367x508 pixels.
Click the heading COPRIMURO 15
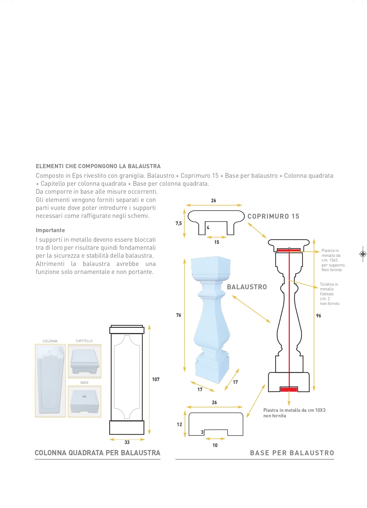coord(273,216)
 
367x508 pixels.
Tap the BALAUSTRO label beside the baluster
coord(247,287)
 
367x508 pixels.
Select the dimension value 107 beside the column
coord(156,379)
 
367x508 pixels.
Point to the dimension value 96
coord(319,316)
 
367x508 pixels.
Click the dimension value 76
coord(179,315)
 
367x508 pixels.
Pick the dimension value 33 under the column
coord(127,442)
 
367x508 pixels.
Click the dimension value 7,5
coord(179,223)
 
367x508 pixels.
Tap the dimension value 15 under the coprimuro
coord(217,242)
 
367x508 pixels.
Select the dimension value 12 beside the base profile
coord(180,424)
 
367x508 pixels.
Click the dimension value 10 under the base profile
coord(215,445)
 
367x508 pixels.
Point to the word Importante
coord(50,230)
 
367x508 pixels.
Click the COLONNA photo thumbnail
coord(50,381)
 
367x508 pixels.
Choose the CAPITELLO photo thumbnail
coord(84,361)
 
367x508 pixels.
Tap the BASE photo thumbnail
coord(84,401)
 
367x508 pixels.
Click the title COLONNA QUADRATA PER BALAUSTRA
coord(98,453)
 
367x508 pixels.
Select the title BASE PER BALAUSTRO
coord(292,453)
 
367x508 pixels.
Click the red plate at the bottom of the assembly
coord(289,389)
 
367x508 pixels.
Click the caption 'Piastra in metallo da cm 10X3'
coord(294,410)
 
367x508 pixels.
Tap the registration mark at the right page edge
coord(363,254)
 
